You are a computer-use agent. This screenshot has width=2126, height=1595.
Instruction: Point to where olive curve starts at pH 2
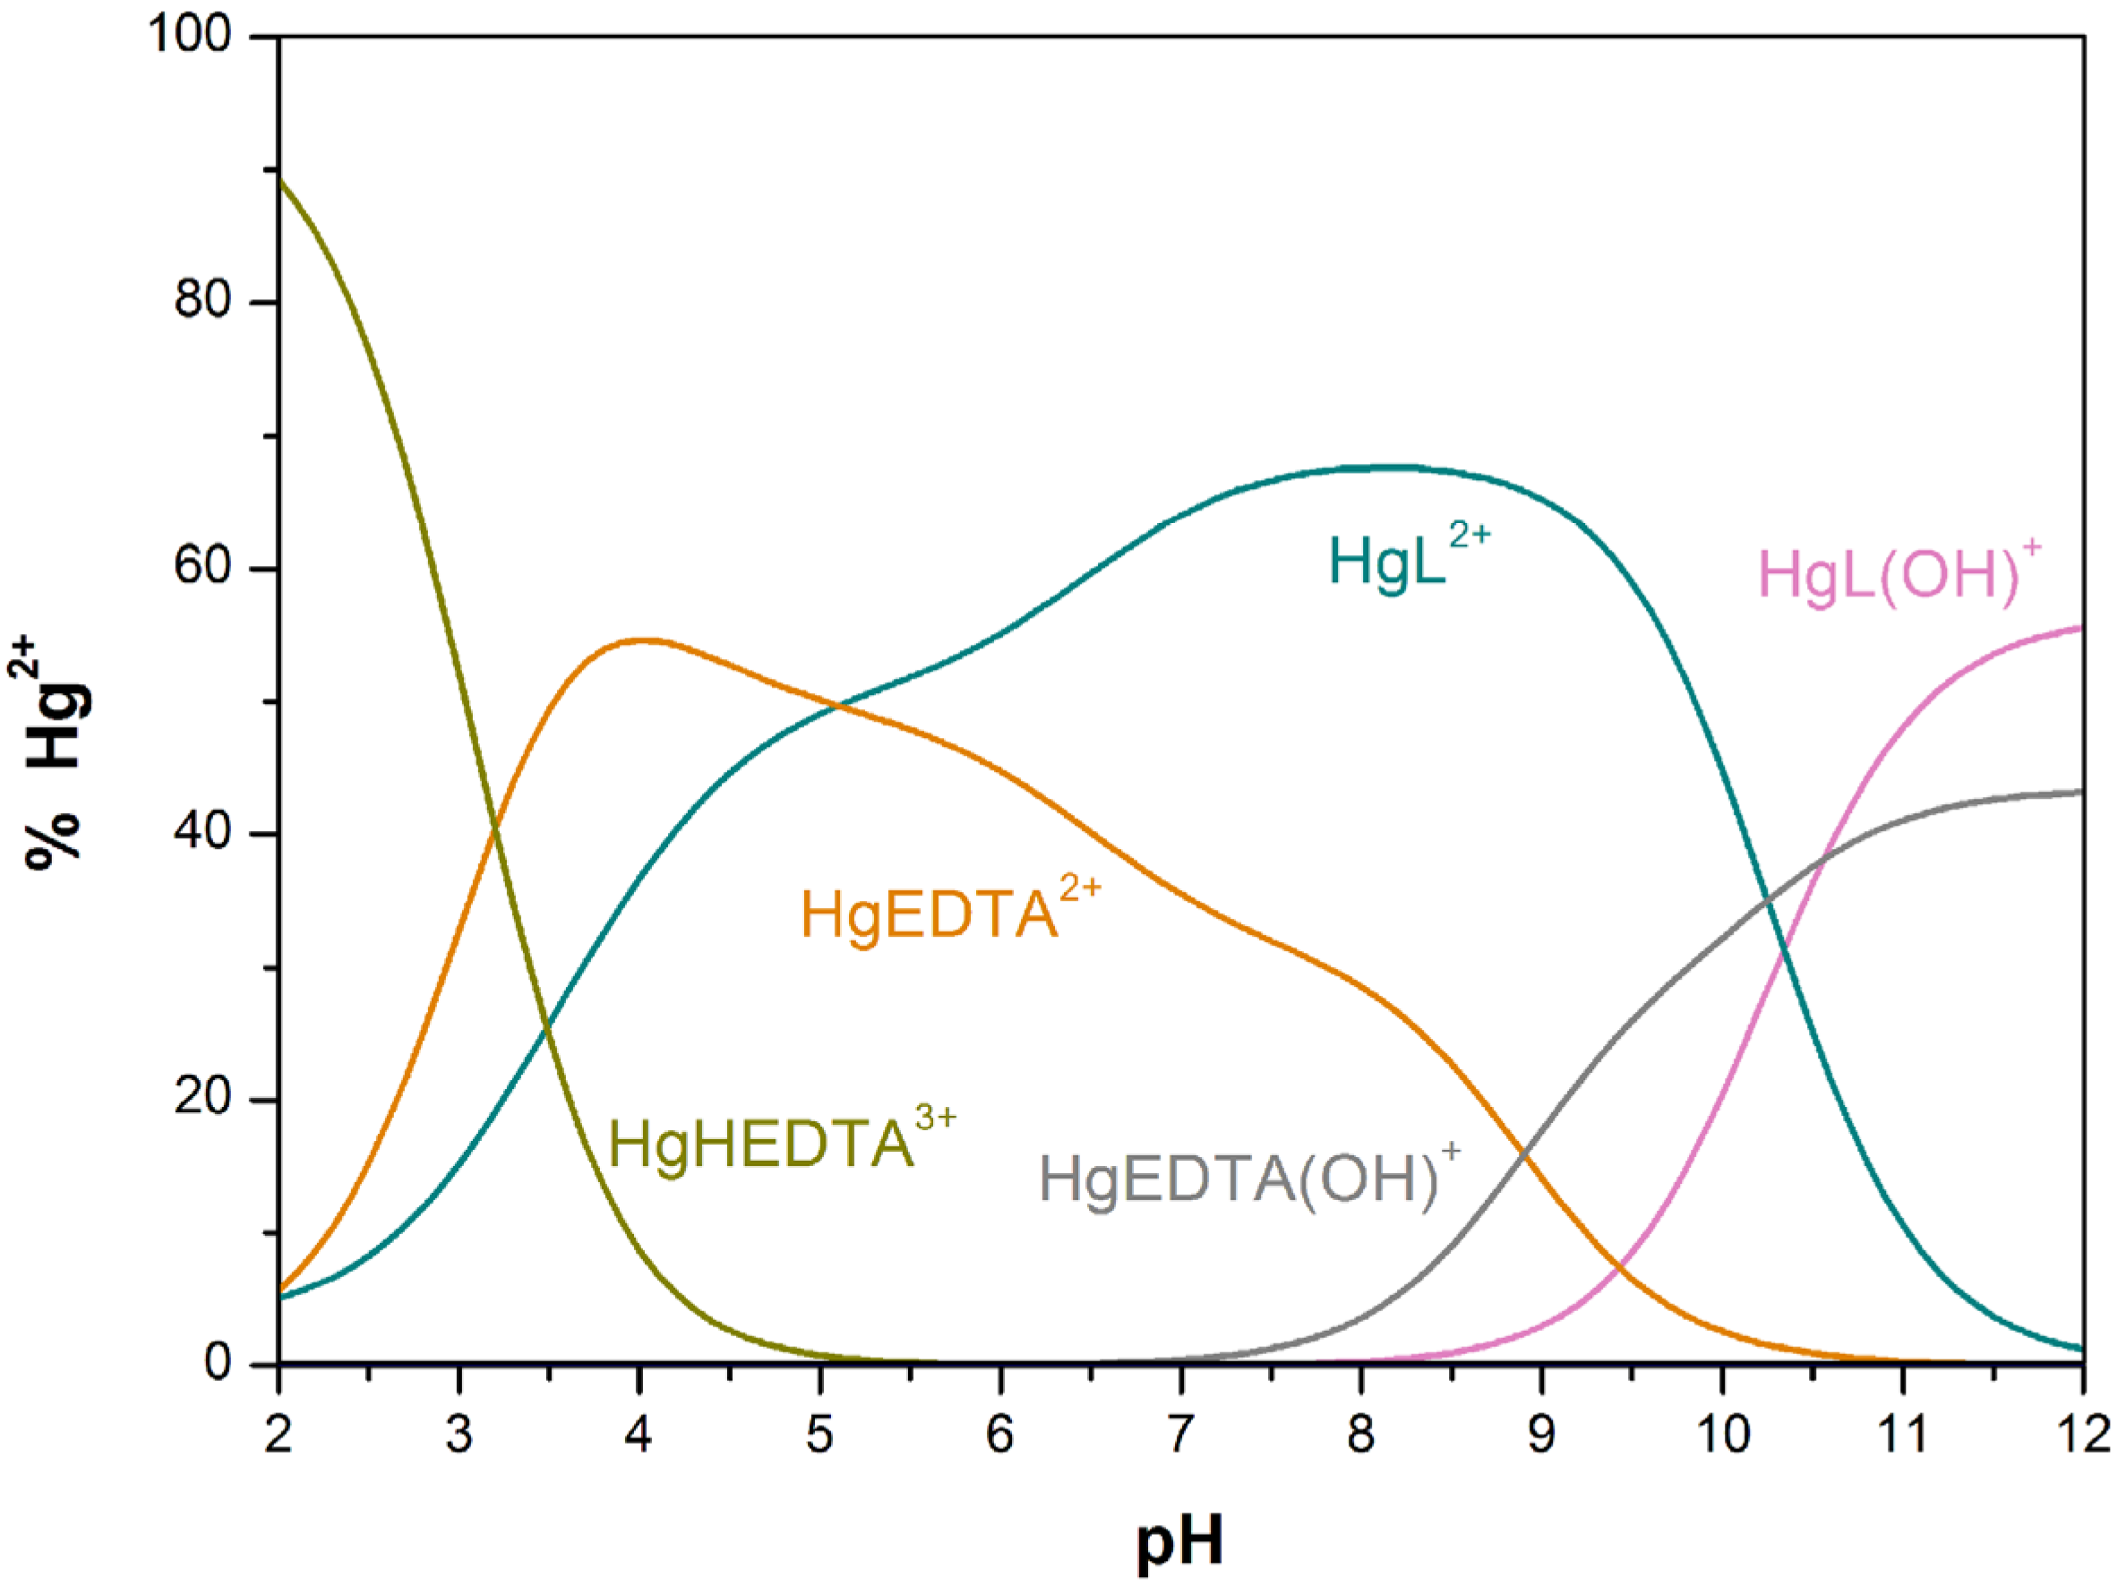pos(279,179)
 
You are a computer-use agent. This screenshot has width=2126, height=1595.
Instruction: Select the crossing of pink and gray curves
pos(1820,855)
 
